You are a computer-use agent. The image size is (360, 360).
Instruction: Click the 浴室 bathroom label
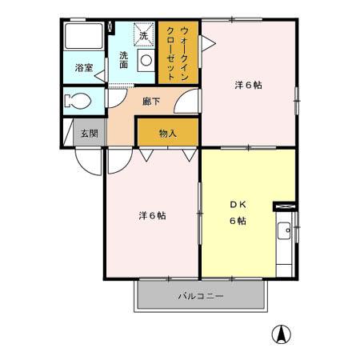(x=84, y=68)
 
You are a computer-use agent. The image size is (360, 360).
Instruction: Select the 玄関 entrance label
(x=88, y=134)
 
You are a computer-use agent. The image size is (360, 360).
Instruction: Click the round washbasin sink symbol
(x=146, y=59)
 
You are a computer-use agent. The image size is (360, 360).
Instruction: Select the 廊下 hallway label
(x=152, y=102)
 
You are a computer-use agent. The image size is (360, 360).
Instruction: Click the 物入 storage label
(x=167, y=134)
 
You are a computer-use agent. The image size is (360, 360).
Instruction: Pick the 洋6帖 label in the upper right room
(x=249, y=84)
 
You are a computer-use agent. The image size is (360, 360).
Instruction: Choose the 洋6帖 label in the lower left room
(x=152, y=215)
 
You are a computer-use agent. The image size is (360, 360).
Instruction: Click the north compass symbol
(x=282, y=334)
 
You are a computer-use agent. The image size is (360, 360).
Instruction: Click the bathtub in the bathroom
(x=82, y=40)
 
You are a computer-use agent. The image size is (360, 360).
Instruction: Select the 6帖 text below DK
(x=238, y=221)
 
